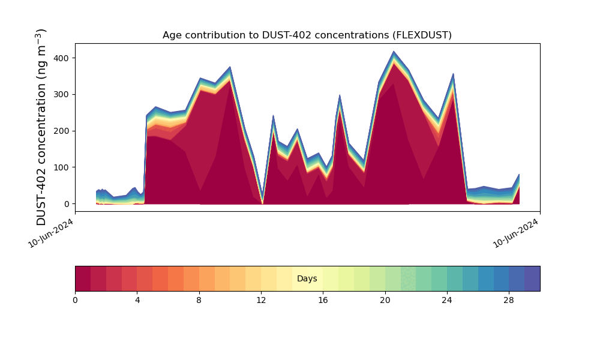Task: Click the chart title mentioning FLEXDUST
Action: tap(307, 35)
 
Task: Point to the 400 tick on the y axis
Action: tap(62, 58)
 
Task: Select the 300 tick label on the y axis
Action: tap(62, 95)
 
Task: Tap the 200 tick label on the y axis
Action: tap(62, 131)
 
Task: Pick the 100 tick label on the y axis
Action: tap(62, 167)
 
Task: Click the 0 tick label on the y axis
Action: tap(67, 204)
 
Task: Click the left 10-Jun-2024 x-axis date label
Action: tap(51, 233)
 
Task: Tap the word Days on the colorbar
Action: tap(307, 279)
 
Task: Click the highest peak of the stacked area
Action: tap(394, 52)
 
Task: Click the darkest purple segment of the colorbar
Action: tap(532, 278)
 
